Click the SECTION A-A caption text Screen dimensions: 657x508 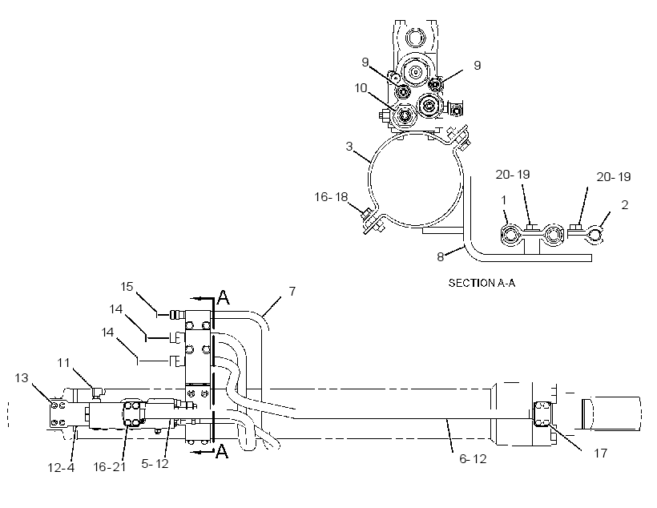coord(482,284)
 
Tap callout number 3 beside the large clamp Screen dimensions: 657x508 coord(349,147)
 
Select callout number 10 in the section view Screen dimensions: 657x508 coord(361,88)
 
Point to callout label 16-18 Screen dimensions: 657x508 coord(331,197)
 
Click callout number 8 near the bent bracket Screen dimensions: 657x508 coord(441,257)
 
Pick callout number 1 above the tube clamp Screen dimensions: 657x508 coord(504,200)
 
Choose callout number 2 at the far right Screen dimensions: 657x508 coord(625,205)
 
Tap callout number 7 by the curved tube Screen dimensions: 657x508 coord(292,292)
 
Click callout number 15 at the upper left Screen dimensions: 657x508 coord(127,287)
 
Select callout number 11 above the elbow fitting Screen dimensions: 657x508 coord(63,362)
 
